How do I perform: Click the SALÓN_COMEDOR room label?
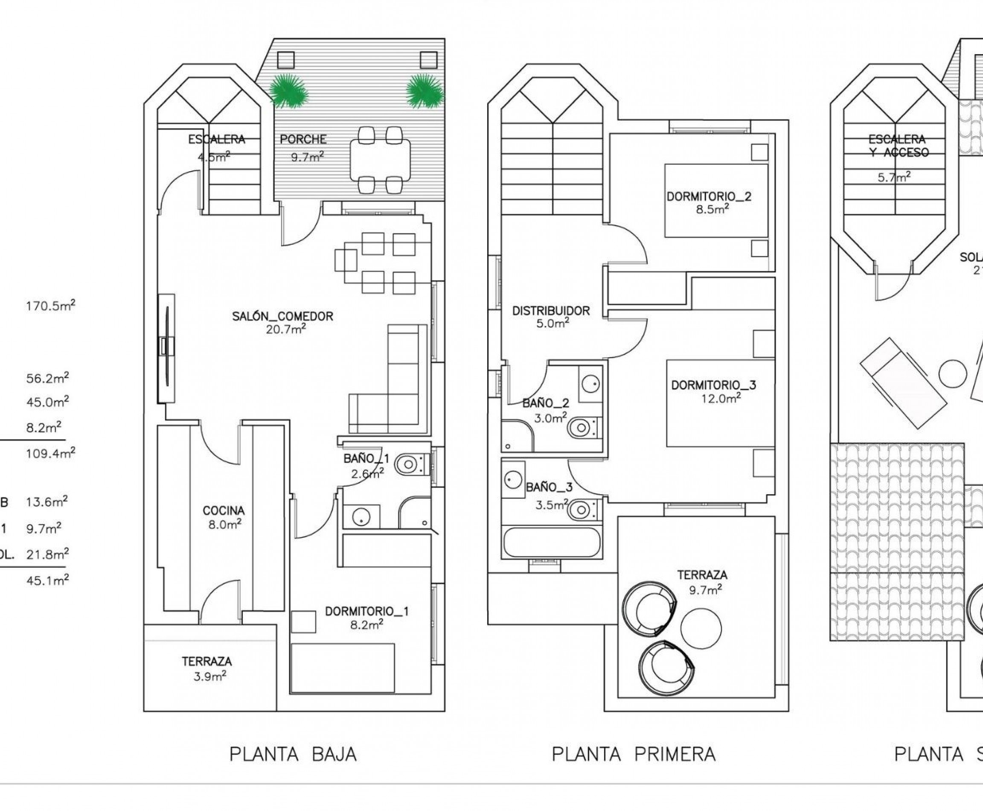(x=282, y=316)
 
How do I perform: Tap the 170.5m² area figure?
(x=50, y=306)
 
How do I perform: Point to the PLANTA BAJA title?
(x=293, y=754)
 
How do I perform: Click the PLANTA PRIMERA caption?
(x=634, y=754)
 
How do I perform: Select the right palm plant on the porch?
(x=424, y=91)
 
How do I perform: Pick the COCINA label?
(x=224, y=511)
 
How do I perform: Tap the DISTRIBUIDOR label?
(x=551, y=311)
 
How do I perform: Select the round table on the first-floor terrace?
(x=701, y=628)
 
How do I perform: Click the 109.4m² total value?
(x=50, y=453)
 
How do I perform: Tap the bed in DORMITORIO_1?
(x=342, y=668)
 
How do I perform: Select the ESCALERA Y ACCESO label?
(x=897, y=145)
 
